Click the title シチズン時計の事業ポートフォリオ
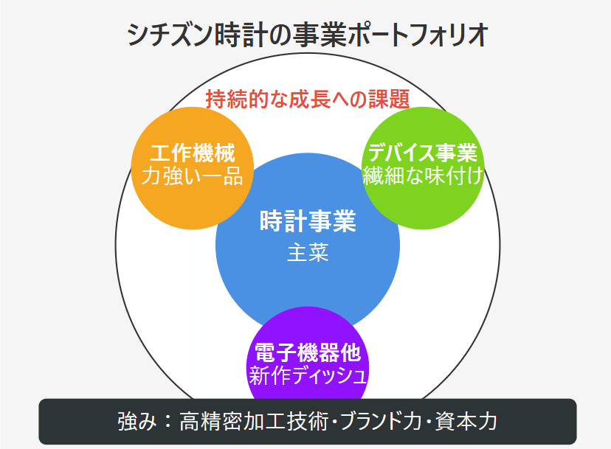pos(308,35)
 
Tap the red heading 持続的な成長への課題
pos(308,99)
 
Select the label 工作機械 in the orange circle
pos(193,153)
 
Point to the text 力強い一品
pos(193,175)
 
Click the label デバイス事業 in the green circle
pos(423,153)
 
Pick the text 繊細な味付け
pos(424,175)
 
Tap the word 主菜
pos(308,252)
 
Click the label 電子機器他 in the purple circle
pos(308,352)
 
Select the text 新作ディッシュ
pos(308,375)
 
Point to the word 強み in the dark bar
pos(137,421)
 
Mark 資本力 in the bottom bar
pos(466,421)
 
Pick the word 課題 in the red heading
pos(389,99)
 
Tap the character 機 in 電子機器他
pos(308,352)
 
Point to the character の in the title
pos(276,36)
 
